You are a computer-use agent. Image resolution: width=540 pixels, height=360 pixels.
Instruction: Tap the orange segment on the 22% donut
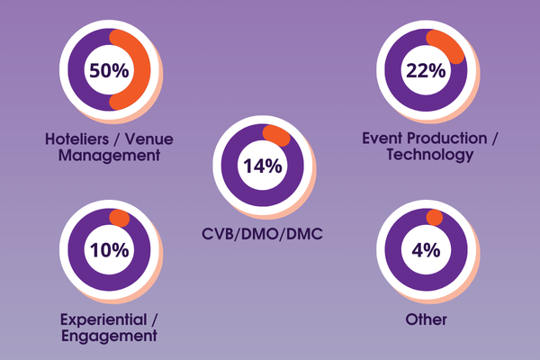[447, 45]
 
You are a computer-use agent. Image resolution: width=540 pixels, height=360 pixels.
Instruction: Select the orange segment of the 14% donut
[276, 133]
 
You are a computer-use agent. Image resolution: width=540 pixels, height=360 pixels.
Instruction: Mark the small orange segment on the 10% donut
[118, 217]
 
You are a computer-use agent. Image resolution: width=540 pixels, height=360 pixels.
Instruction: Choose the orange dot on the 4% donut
[435, 217]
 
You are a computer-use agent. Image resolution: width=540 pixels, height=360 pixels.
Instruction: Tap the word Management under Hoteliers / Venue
[109, 156]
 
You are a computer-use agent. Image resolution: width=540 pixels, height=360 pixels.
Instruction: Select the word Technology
[429, 155]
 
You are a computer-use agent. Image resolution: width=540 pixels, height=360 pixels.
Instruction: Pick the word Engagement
[109, 336]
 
